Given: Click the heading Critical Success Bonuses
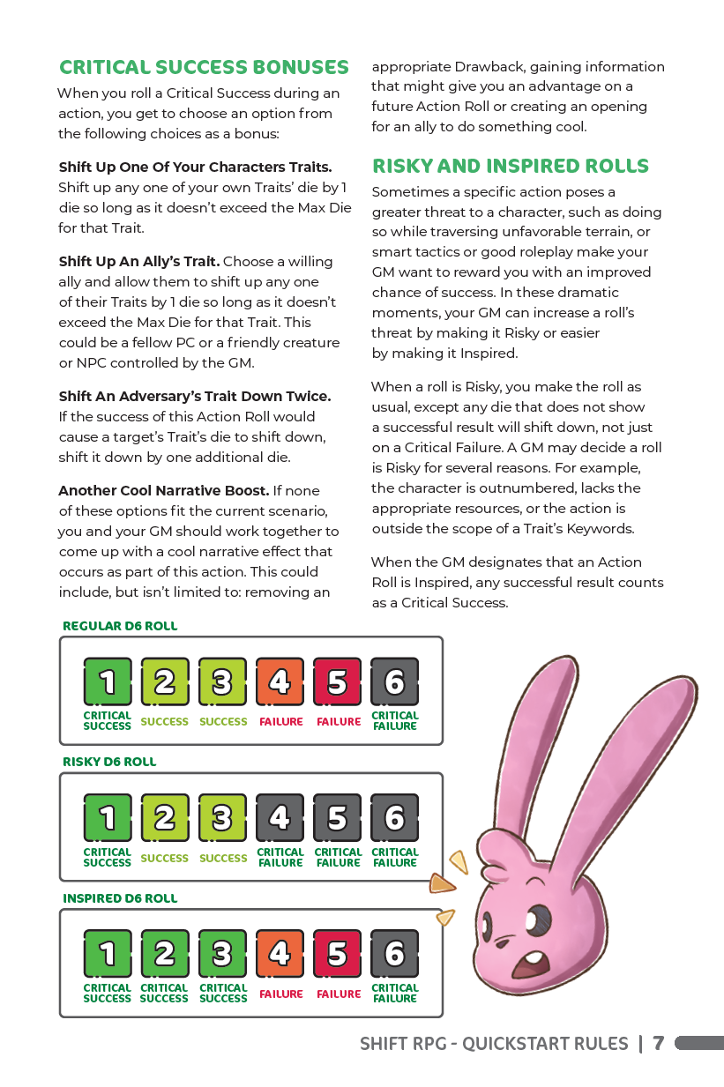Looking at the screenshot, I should tap(204, 68).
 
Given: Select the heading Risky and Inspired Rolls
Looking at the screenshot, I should tap(510, 167).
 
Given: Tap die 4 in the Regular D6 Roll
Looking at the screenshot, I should tap(280, 681).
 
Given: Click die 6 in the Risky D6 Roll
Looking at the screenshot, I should tap(394, 818).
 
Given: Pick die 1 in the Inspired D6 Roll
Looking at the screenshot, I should tap(108, 953).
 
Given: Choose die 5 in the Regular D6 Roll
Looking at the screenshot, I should tap(337, 681).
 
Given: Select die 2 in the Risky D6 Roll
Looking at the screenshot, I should tap(165, 818).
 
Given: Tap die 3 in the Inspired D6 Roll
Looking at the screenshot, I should tap(222, 953).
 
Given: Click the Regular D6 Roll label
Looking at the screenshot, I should tap(120, 626).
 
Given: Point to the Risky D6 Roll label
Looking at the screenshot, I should tap(109, 762).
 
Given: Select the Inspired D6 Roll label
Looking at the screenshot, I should tap(120, 898).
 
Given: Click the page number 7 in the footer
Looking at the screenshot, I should tap(658, 1044).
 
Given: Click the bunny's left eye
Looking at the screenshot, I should tap(541, 922).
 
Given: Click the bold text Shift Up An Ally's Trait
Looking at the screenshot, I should tap(139, 262).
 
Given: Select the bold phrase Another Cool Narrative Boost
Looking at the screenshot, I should tap(163, 490).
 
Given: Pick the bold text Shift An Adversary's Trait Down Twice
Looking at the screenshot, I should tap(194, 397).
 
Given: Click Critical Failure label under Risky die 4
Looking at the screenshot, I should tap(280, 858).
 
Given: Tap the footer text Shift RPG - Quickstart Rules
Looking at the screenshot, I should tap(494, 1044).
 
